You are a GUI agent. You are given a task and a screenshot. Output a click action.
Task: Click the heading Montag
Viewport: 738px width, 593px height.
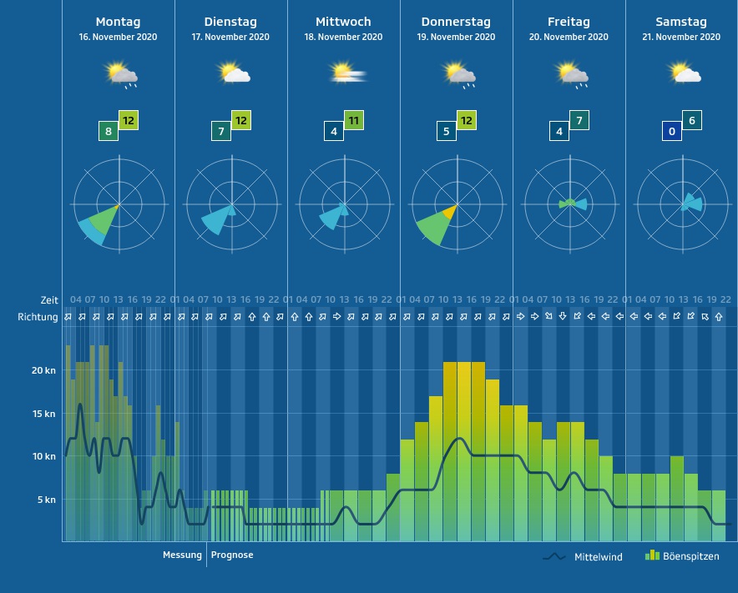[118, 22]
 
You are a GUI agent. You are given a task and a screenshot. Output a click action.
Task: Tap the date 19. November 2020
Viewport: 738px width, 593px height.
[456, 38]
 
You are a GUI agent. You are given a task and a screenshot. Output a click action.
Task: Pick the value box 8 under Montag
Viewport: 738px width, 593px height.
[108, 131]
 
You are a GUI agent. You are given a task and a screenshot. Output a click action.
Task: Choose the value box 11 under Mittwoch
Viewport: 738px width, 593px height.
[354, 120]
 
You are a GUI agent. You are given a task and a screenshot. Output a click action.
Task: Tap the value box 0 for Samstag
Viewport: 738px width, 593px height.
[671, 131]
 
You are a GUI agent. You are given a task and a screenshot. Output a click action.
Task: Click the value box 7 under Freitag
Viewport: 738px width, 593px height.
[579, 120]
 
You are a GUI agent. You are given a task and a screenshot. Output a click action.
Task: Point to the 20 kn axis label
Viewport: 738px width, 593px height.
[43, 370]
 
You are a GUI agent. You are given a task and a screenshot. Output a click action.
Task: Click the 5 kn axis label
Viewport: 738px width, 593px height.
[46, 500]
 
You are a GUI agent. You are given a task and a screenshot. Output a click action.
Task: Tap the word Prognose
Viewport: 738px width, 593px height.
[232, 555]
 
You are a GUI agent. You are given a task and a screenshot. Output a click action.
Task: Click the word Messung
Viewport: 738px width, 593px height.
[182, 555]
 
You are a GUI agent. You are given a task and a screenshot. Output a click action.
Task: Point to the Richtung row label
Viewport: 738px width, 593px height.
[38, 317]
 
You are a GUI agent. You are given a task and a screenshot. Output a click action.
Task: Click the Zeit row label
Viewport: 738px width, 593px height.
[49, 300]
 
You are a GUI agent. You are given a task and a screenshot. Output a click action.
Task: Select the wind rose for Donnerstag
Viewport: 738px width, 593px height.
[456, 204]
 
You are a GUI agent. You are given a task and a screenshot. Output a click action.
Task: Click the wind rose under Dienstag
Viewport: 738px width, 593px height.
[230, 204]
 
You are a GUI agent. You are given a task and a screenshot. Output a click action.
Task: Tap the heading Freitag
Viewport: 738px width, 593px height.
[569, 22]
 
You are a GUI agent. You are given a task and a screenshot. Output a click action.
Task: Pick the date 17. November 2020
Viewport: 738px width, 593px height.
[230, 38]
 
